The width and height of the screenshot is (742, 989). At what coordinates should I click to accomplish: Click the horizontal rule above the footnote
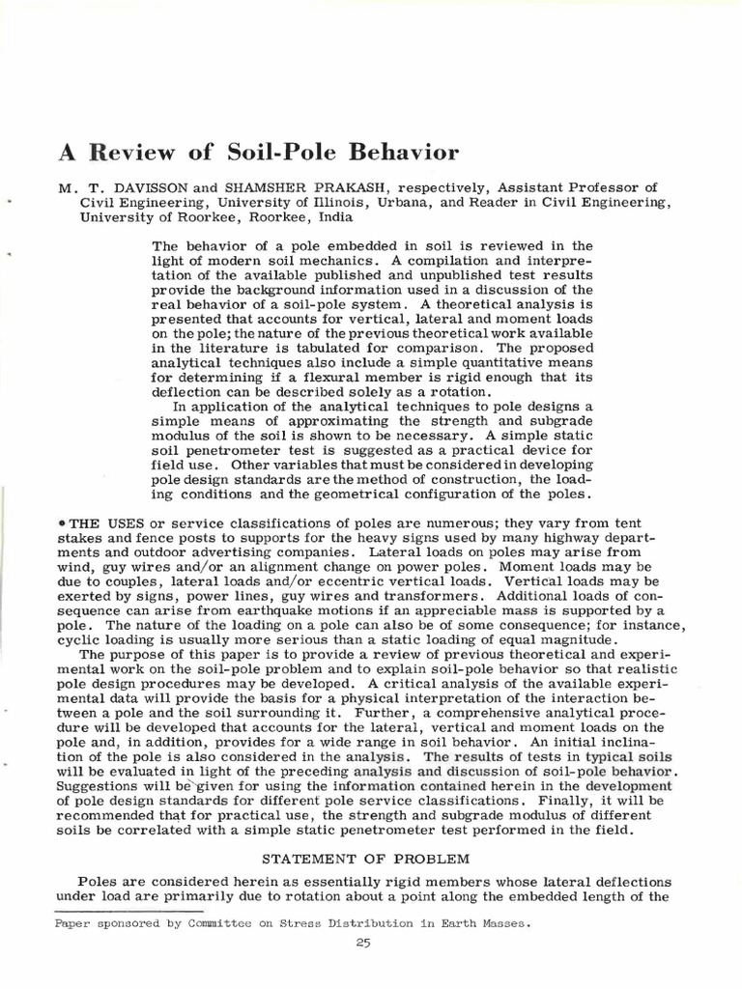point(128,910)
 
